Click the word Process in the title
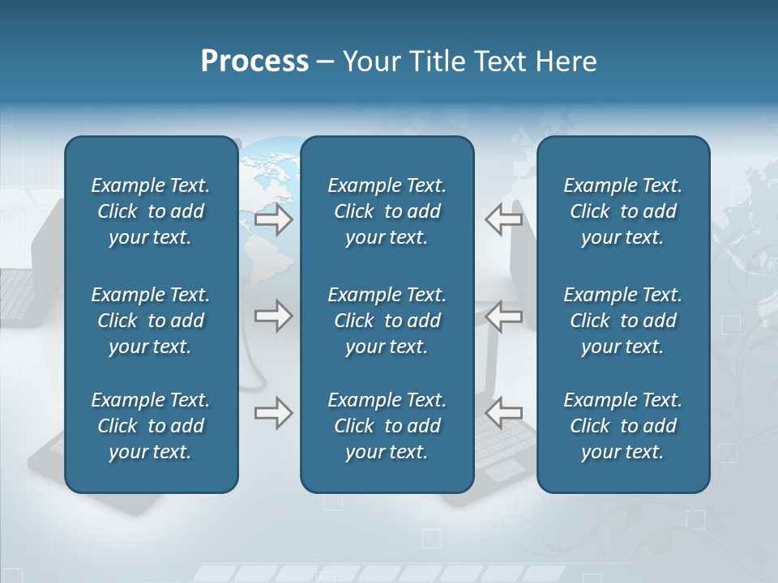[254, 62]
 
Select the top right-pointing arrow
[273, 219]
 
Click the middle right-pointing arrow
[273, 316]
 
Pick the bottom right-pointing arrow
[273, 413]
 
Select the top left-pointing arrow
[503, 219]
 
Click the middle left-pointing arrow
[503, 316]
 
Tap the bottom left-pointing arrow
[503, 413]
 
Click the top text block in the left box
[151, 211]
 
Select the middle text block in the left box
[151, 321]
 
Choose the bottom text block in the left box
[151, 426]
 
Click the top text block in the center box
[387, 211]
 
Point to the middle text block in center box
[387, 321]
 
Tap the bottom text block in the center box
[387, 426]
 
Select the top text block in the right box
[622, 211]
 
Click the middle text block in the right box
[622, 321]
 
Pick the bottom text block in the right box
[622, 426]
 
